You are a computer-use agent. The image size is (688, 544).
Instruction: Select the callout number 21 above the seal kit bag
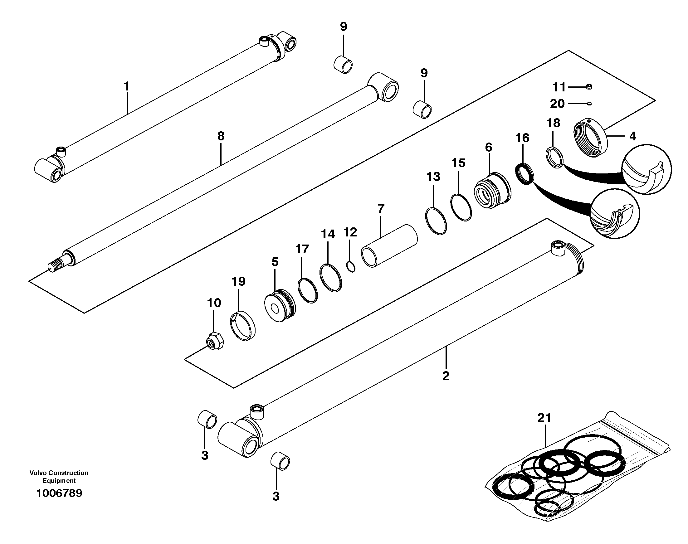tap(544, 418)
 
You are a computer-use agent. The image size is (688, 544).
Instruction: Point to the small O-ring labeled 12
tap(350, 267)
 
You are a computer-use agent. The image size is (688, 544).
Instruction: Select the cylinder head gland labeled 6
tap(492, 191)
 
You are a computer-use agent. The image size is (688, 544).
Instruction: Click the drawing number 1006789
tap(59, 493)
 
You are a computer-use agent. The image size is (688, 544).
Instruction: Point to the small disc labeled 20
tap(589, 103)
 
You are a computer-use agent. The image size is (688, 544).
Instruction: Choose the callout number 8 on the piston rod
tap(221, 136)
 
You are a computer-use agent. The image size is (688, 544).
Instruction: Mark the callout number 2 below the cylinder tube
tap(446, 376)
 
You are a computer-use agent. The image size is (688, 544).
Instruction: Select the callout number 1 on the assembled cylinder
tap(126, 86)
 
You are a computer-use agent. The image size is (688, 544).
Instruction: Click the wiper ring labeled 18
tap(554, 157)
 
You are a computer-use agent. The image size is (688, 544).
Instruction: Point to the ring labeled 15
tap(461, 207)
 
